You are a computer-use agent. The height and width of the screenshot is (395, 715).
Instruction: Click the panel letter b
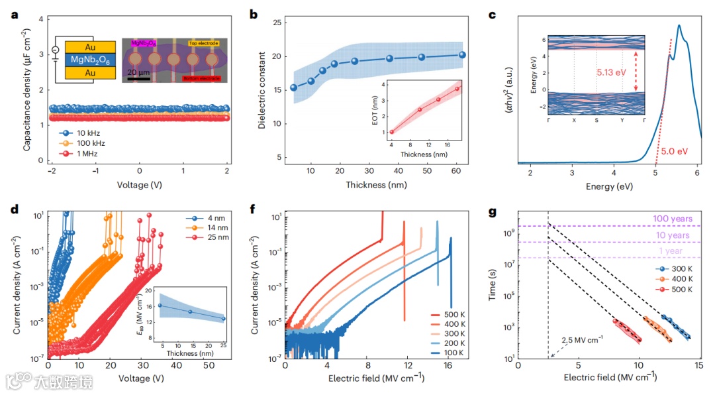pos(254,14)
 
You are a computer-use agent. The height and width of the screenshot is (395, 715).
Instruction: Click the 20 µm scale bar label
pos(138,72)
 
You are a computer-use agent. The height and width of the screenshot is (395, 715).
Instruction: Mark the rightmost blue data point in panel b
pos(462,55)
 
